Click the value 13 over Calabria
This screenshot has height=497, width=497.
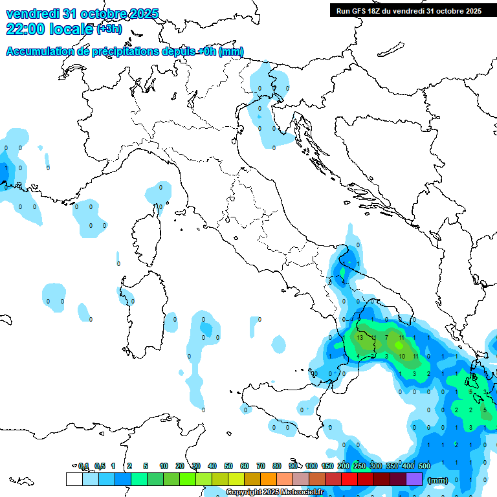pos(360,338)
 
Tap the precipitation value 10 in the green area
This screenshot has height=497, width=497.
pos(401,356)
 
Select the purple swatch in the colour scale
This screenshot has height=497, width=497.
pos(414,479)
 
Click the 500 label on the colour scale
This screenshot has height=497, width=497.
pos(424,466)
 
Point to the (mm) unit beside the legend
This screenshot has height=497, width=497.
pos(438,480)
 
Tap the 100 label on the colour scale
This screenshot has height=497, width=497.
pos(311,466)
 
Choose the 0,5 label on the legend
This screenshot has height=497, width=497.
pos(100,466)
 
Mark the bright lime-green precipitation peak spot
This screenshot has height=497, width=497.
pos(397,347)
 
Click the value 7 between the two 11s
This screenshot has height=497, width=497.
pos(386,338)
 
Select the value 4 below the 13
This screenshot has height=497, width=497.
pos(358,356)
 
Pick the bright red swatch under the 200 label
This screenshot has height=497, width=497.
pos(349,479)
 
